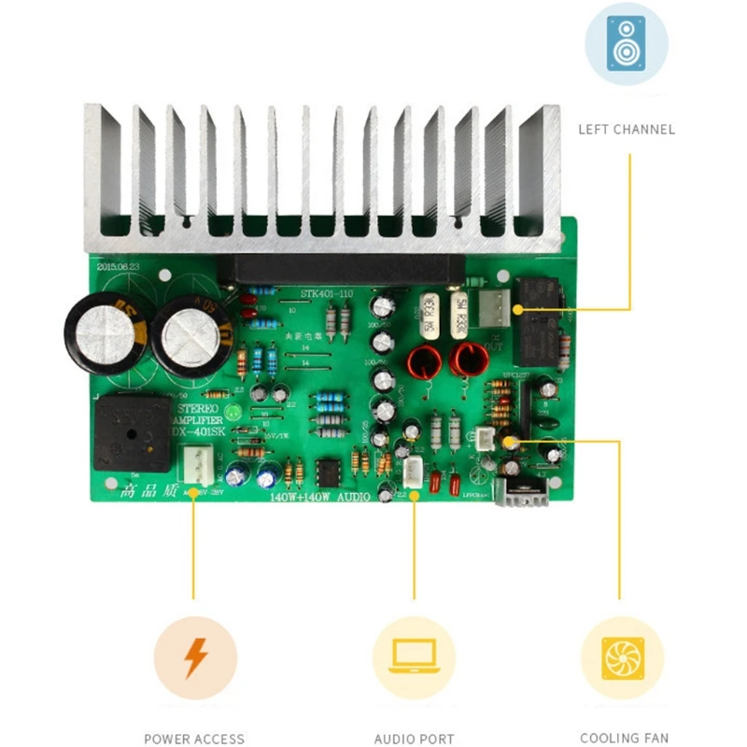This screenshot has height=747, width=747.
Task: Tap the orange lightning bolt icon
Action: [x=195, y=657]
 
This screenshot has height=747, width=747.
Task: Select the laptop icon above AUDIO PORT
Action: [x=414, y=657]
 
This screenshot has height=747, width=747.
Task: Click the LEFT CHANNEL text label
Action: [x=626, y=129]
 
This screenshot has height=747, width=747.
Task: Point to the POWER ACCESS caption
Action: [x=194, y=739]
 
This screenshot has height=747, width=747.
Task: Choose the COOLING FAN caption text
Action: [x=624, y=738]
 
